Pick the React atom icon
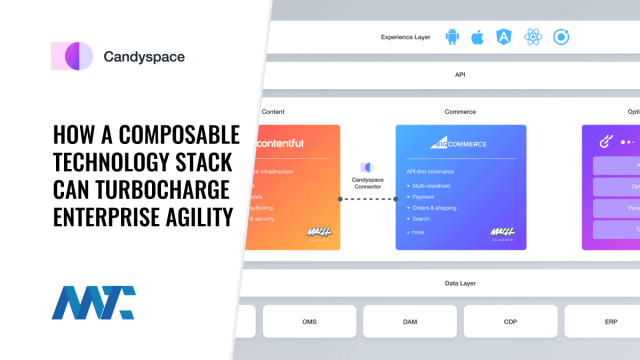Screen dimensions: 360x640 click(x=533, y=37)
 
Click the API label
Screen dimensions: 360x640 click(x=460, y=73)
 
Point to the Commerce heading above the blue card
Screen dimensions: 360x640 click(x=460, y=111)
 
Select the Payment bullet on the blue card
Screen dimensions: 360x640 click(x=424, y=197)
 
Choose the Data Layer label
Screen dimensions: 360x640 click(x=460, y=284)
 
